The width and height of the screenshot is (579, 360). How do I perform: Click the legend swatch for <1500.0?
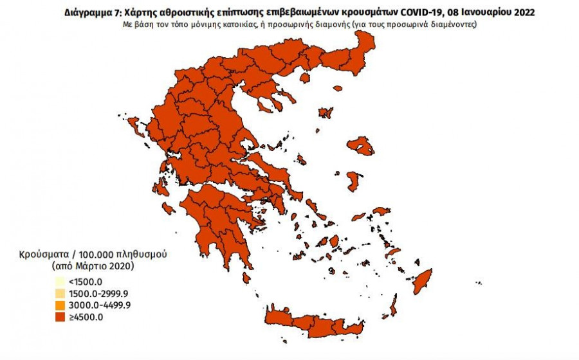pos(59,281)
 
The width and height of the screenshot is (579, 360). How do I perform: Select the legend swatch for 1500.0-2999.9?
pos(59,292)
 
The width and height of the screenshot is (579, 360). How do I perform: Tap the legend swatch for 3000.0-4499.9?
pos(59,304)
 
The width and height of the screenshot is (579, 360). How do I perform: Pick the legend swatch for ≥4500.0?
pos(59,316)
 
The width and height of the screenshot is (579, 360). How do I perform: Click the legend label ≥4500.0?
pos(86,316)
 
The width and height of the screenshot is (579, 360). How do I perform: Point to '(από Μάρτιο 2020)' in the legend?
pos(94,265)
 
